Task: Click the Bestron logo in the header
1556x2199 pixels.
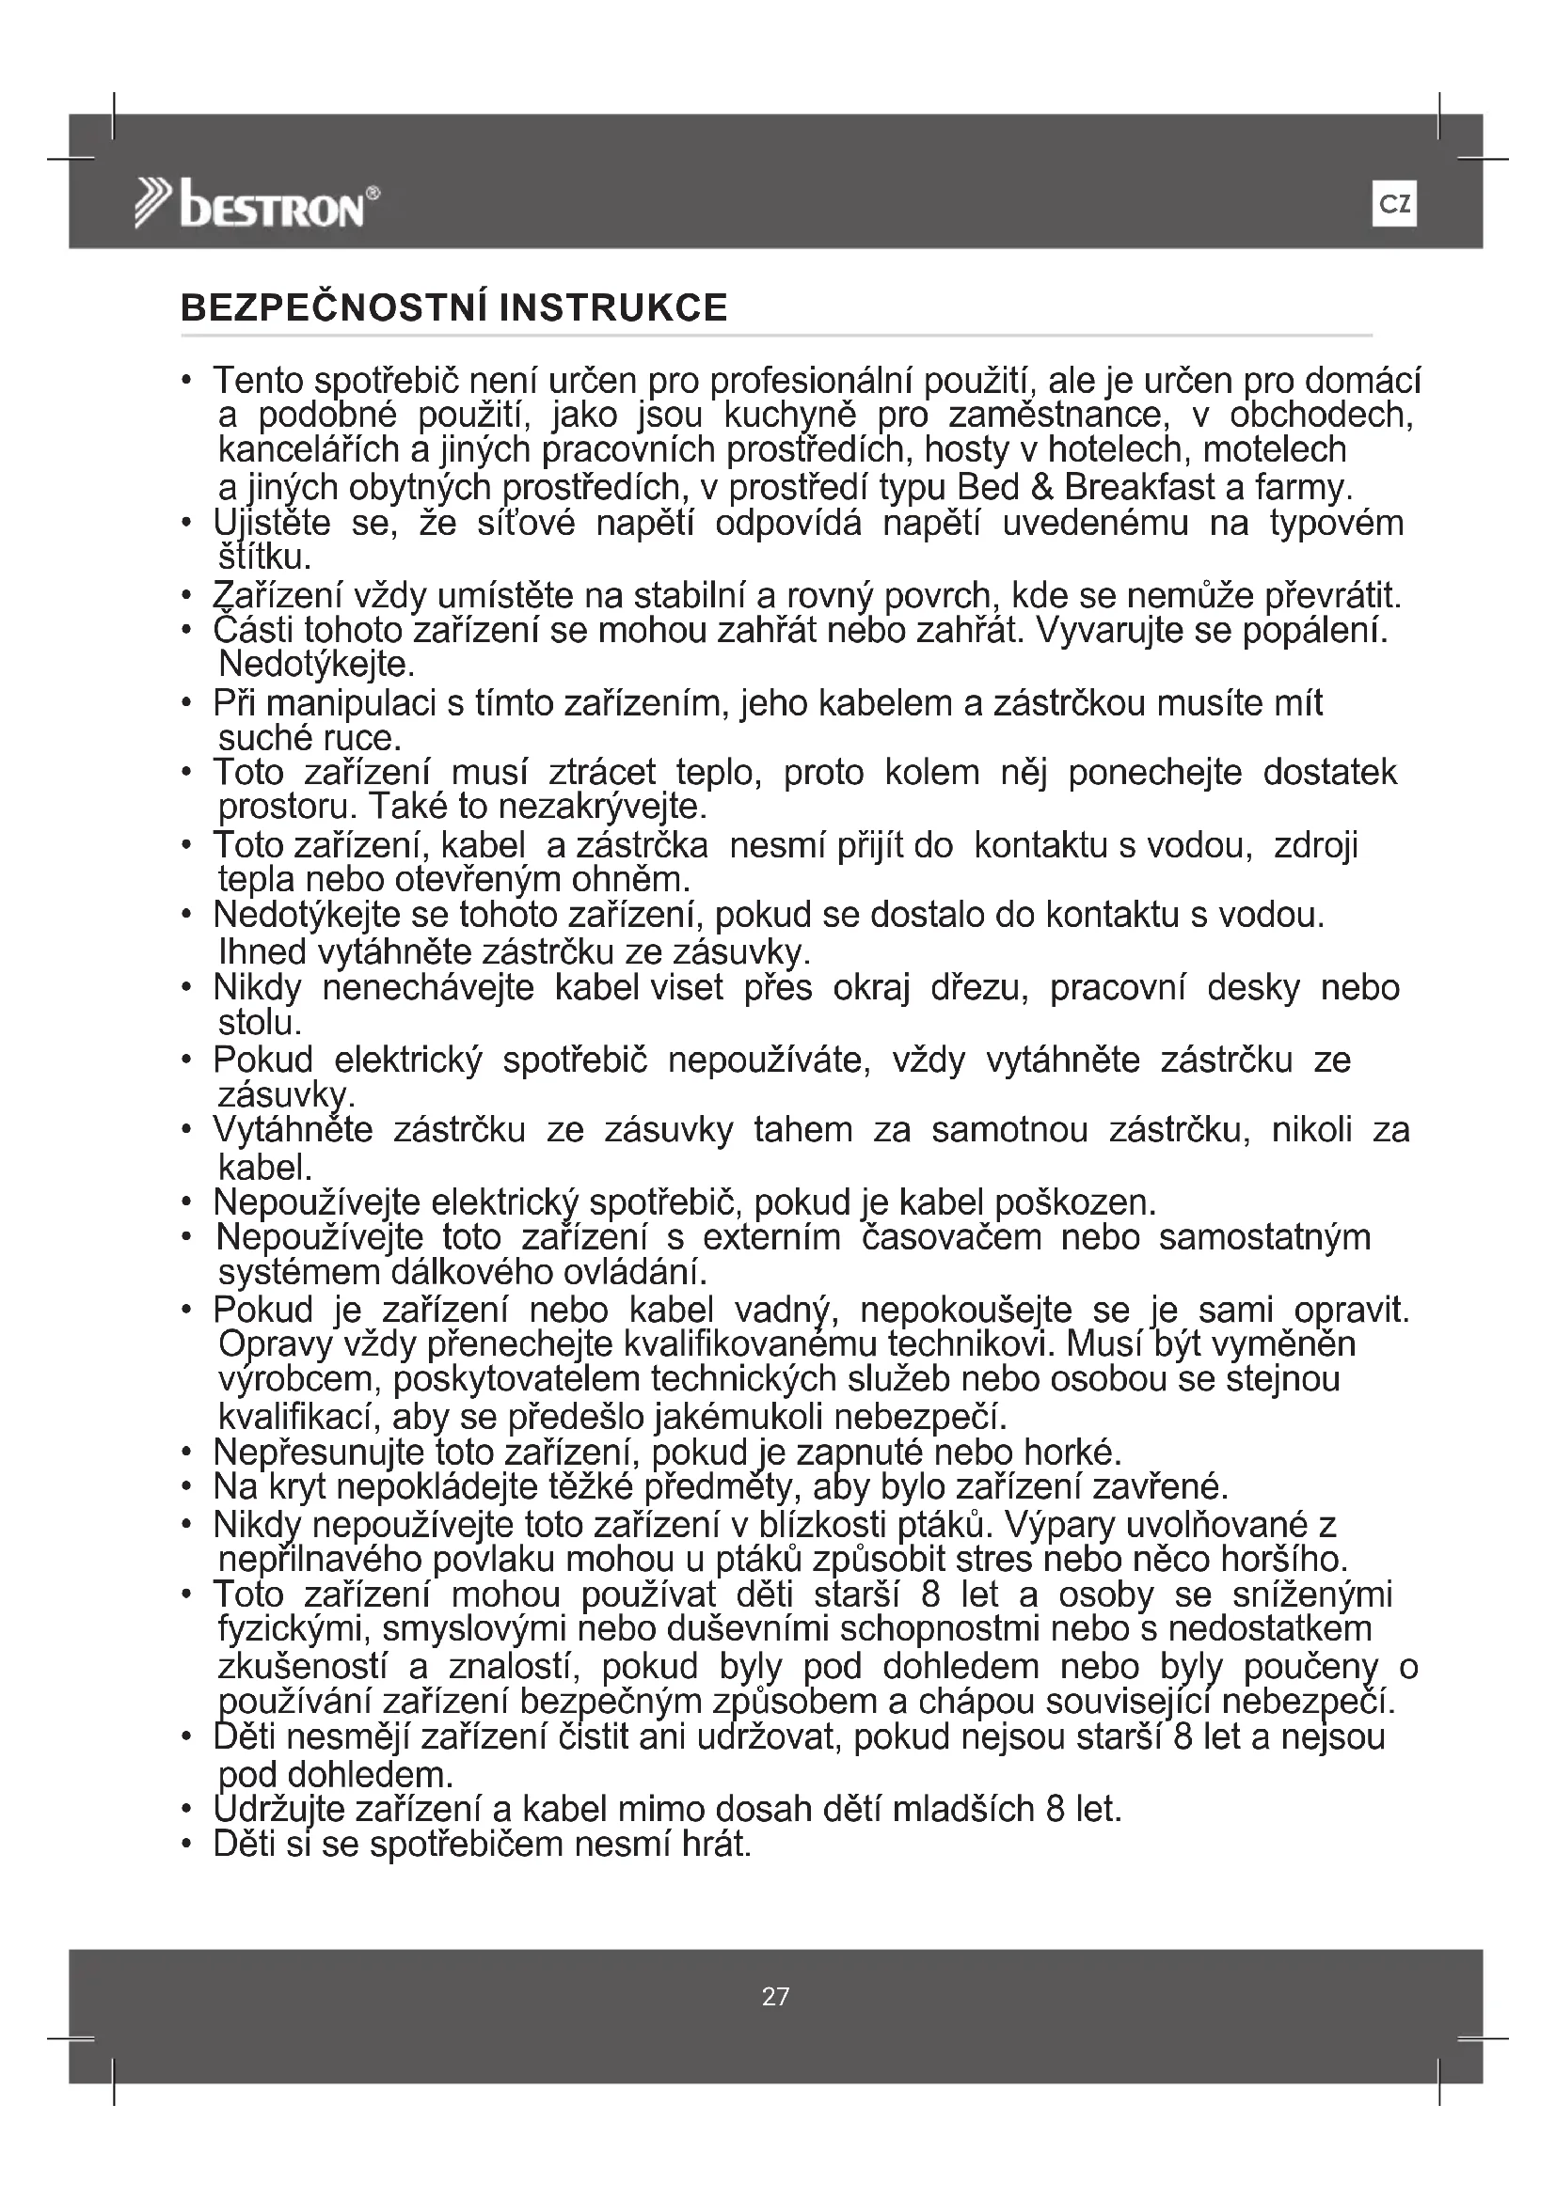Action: click(x=257, y=205)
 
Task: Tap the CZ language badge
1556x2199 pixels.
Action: click(x=1393, y=204)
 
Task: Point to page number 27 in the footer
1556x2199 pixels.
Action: click(x=775, y=1997)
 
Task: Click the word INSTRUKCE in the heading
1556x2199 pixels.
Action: click(x=613, y=308)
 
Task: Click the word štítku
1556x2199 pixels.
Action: click(x=264, y=557)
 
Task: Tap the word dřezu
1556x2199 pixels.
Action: click(x=978, y=987)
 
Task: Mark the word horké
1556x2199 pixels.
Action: click(x=1072, y=1453)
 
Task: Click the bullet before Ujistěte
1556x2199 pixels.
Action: click(x=187, y=524)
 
